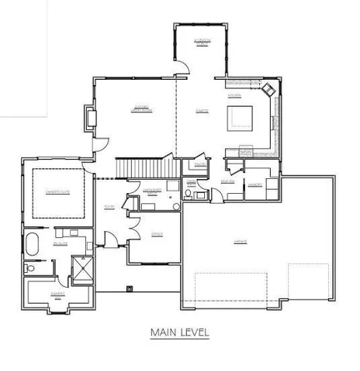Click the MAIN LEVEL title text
click(179, 333)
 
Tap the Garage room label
click(240, 242)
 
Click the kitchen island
click(241, 119)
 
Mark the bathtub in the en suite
click(32, 244)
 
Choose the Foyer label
click(109, 206)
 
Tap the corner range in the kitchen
click(268, 90)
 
